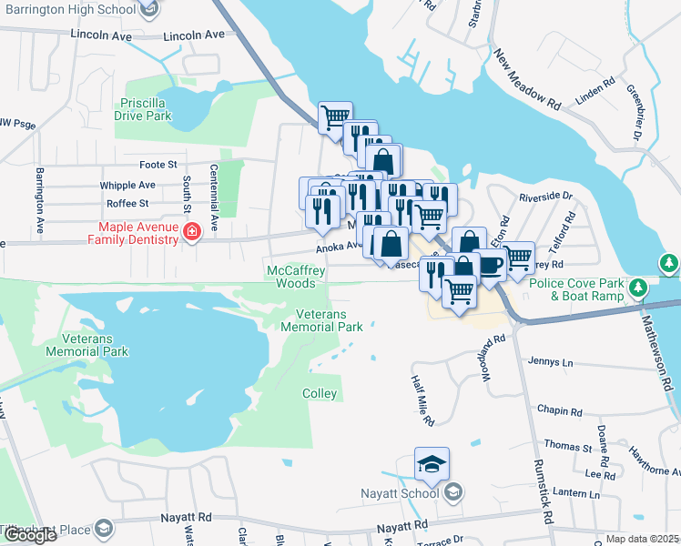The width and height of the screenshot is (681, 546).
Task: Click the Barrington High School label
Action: coord(69,10)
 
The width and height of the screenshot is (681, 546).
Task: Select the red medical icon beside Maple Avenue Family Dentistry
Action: coord(192,233)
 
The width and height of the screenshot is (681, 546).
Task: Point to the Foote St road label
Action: coord(158,165)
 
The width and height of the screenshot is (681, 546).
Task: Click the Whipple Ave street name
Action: coord(127,185)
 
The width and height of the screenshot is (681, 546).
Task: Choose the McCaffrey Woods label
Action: coord(296,277)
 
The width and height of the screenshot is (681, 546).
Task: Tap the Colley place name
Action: coord(320,394)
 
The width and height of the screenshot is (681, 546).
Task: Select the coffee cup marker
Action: coord(491,265)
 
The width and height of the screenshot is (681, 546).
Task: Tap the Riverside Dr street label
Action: coord(545,196)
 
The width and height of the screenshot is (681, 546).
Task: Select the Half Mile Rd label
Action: coord(422,402)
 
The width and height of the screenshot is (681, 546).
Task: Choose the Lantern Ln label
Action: coord(575,494)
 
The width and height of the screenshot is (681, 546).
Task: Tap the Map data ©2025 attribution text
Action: coord(643,539)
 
